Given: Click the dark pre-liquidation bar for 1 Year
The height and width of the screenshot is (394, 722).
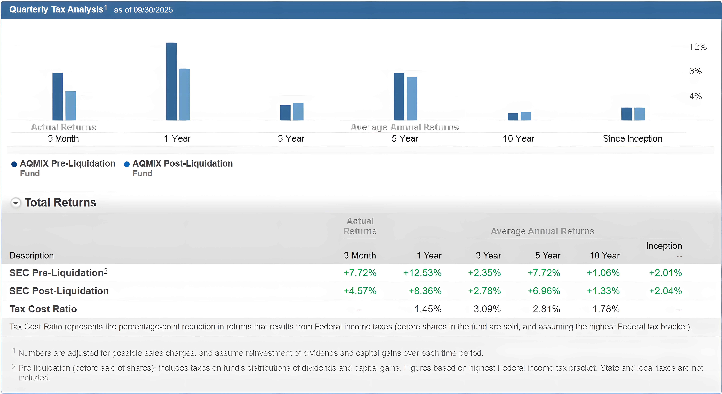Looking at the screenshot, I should [171, 81].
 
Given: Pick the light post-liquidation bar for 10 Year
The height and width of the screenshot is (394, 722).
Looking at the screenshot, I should [525, 116].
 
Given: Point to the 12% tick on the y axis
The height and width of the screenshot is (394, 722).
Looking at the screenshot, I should [698, 47].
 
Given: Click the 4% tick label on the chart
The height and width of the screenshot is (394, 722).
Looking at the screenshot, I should [695, 96].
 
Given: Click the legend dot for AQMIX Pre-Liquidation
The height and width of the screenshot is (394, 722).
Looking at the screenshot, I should [14, 164].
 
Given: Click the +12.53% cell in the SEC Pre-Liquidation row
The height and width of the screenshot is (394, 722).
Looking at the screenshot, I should [422, 273].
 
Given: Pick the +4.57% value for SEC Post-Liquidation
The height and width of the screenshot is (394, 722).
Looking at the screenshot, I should [360, 291].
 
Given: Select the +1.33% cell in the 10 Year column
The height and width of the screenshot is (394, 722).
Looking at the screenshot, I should [603, 291].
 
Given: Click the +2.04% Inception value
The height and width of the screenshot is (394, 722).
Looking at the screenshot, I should [665, 291].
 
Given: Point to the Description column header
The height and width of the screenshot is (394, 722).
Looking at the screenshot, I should [32, 255].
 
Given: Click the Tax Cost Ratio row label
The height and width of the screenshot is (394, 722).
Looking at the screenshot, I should [43, 309].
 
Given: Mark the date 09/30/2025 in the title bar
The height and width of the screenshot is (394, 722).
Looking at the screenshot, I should [153, 10].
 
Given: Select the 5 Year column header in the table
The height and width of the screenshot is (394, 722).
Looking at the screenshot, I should [548, 255].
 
